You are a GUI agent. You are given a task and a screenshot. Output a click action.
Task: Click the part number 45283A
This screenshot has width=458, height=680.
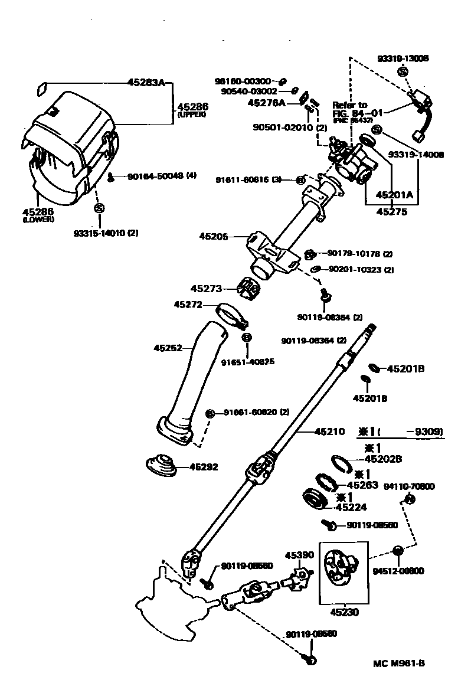[x=146, y=83]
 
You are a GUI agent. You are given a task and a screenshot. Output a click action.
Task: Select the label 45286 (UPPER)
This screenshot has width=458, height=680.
[x=192, y=109]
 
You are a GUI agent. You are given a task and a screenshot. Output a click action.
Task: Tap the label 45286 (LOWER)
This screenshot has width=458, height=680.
[x=38, y=215]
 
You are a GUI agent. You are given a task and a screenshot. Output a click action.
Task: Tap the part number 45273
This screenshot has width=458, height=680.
[x=206, y=289]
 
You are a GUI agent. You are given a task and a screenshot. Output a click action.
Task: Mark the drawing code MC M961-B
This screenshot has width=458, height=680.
[x=398, y=662]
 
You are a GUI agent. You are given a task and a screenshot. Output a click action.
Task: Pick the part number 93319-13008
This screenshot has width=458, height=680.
[x=403, y=58]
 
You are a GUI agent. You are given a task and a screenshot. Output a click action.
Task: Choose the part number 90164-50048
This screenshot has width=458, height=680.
[x=151, y=176]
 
